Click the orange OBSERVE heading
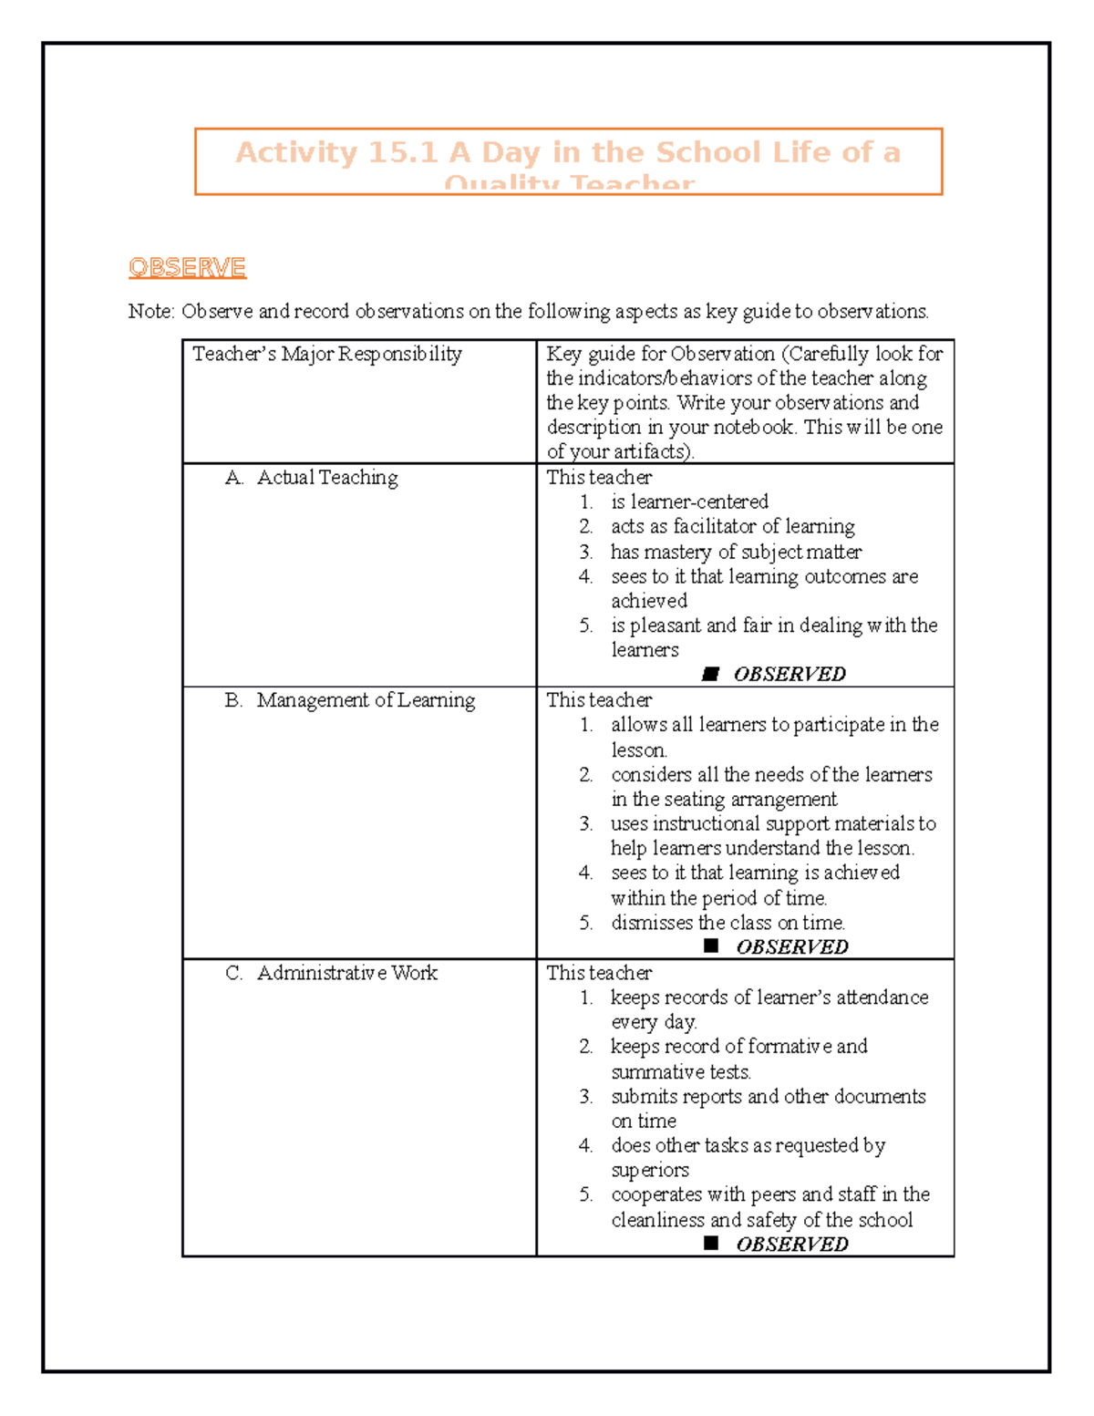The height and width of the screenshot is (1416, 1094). pos(187,267)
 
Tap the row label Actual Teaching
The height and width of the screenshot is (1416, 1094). pos(327,478)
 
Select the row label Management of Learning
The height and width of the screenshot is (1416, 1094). pos(366,700)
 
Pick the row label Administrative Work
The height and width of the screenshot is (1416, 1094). pos(346,973)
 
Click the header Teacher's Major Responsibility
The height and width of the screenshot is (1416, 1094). pos(326,354)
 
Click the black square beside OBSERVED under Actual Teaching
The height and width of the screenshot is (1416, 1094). pos(711,674)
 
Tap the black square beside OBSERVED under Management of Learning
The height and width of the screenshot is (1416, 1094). pos(712,946)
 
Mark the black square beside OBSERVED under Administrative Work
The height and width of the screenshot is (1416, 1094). pos(712,1243)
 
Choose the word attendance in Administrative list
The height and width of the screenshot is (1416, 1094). pos(882,997)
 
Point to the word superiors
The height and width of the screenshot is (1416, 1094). pos(650,1170)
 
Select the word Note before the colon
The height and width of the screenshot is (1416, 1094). pos(150,312)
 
